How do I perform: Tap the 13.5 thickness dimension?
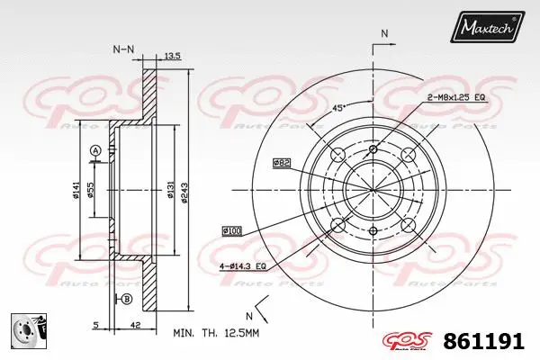pyautogui.click(x=173, y=56)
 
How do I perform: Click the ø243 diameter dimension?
pyautogui.click(x=184, y=191)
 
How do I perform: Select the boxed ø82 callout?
pyautogui.click(x=282, y=163)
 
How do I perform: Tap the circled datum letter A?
pyautogui.click(x=95, y=149)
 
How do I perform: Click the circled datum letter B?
pyautogui.click(x=126, y=299)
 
